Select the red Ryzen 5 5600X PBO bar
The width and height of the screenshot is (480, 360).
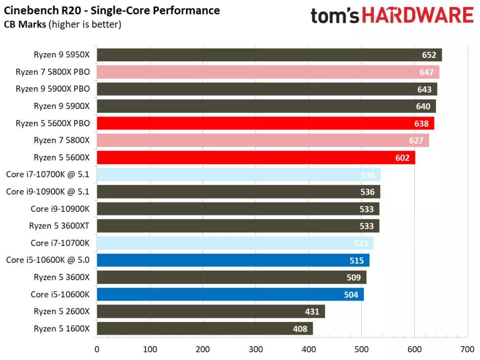tap(265, 123)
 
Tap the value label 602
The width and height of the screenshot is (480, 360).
tap(402, 157)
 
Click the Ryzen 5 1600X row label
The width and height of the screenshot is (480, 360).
tap(61, 328)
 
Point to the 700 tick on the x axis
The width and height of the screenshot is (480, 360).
tap(467, 349)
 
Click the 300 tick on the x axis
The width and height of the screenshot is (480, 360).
tap(255, 349)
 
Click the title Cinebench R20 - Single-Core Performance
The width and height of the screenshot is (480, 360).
tap(112, 10)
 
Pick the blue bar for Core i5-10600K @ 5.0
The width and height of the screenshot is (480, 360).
tap(233, 260)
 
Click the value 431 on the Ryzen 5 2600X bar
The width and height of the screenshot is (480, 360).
tap(312, 311)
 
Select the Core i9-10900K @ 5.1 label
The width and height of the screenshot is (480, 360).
tap(48, 192)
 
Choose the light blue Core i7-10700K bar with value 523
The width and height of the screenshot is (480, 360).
tap(235, 243)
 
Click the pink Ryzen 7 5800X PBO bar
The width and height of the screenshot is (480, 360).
tap(268, 72)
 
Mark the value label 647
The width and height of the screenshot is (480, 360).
tap(426, 72)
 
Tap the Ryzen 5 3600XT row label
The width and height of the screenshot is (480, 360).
tap(59, 226)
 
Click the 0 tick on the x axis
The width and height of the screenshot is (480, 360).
tap(97, 349)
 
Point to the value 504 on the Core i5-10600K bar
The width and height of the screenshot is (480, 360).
tap(351, 295)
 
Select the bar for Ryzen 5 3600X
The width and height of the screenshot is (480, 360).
tap(231, 277)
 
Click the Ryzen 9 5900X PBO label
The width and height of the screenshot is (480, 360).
tap(52, 89)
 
